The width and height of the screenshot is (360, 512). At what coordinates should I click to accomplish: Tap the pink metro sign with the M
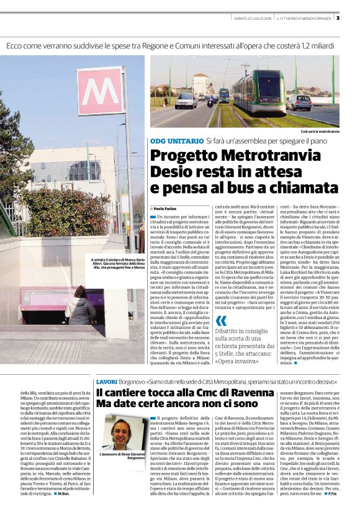click(x=100, y=91)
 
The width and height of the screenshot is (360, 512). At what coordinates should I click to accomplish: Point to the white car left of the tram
click(x=185, y=101)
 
